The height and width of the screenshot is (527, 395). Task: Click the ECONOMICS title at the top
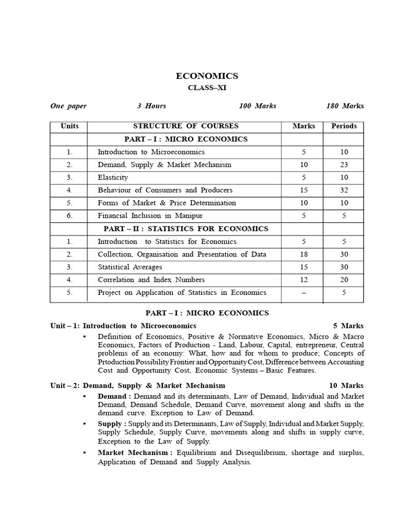[207, 76]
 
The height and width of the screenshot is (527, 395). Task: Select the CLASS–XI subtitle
[207, 88]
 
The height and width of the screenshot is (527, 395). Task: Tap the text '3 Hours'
[151, 106]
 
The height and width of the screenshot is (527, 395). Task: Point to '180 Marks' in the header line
[345, 106]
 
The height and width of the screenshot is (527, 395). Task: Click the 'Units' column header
[69, 126]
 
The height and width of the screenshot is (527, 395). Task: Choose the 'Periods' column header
[344, 126]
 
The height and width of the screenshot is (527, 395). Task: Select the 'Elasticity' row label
[113, 178]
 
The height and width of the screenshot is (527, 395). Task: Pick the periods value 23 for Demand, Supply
[344, 165]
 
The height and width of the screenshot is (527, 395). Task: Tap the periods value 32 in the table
[344, 190]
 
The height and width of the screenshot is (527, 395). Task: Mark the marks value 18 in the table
[303, 254]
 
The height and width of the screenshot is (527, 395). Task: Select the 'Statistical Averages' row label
[130, 267]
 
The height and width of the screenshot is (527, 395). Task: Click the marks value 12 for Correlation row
[303, 280]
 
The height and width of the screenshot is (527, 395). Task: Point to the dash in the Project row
[303, 293]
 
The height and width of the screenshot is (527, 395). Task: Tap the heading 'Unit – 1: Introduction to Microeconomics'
[123, 326]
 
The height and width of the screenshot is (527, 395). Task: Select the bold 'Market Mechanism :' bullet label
[135, 452]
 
